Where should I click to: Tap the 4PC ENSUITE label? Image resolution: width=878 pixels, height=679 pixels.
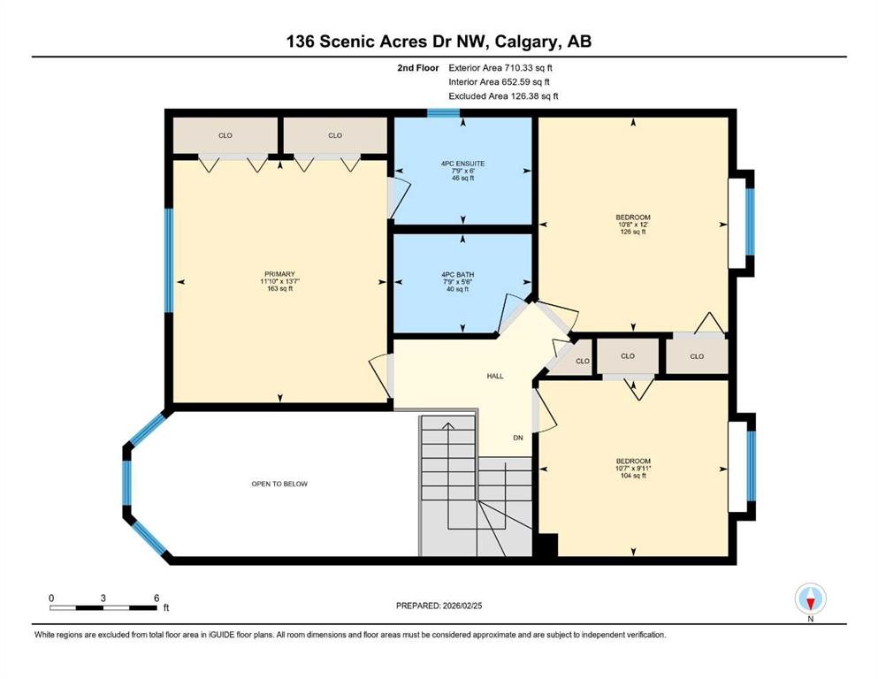pos(462,164)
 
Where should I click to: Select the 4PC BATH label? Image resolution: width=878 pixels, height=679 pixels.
pos(462,275)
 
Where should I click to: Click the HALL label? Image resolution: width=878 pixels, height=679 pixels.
pos(495,376)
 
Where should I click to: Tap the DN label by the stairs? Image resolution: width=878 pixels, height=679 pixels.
pos(520,437)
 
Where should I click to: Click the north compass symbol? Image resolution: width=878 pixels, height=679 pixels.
pos(810,599)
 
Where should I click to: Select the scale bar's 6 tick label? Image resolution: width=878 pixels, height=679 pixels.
pos(156,599)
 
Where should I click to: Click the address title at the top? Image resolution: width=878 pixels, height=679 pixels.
pos(439,42)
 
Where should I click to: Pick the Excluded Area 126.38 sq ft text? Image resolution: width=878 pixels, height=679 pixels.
pos(503,95)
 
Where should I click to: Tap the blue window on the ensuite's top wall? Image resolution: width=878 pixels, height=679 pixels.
pos(443,112)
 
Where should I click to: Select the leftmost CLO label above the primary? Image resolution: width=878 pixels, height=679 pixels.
pos(225,135)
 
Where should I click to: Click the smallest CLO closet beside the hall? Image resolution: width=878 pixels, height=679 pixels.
pos(582,361)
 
